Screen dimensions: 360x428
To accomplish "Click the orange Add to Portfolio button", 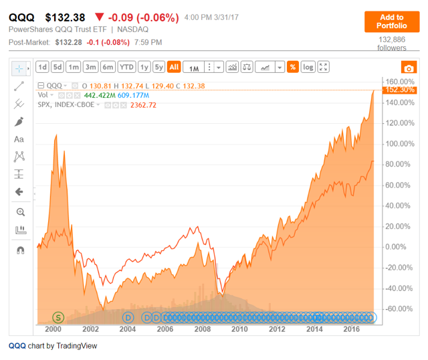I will [391, 21].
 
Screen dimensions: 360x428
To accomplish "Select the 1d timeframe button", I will [41, 67].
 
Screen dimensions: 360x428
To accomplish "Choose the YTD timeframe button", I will [126, 67].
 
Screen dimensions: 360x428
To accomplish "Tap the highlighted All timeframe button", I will [174, 67].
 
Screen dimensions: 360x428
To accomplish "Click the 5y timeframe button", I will [158, 67].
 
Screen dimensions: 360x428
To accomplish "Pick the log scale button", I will [308, 67].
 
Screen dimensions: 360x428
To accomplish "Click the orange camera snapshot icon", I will [407, 68].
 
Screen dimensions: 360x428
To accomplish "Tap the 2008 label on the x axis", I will [201, 329].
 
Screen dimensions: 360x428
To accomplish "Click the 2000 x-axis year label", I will [53, 329].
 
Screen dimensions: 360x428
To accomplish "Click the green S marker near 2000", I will [58, 317].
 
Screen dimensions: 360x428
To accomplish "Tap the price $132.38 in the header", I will [66, 17].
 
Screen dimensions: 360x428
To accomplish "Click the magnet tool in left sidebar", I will [19, 250].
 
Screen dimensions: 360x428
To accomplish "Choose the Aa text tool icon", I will [19, 139].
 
